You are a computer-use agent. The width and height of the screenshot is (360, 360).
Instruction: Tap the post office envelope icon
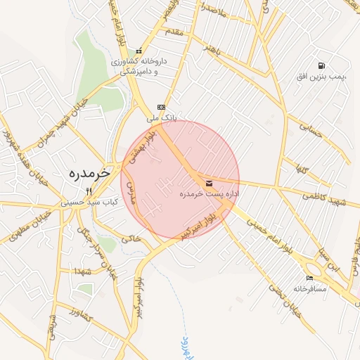tap(209, 184)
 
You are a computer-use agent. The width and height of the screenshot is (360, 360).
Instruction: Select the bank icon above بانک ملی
tap(162, 108)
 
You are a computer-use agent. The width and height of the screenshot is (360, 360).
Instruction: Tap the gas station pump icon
tap(321, 65)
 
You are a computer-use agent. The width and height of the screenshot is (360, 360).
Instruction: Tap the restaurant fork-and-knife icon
tap(89, 191)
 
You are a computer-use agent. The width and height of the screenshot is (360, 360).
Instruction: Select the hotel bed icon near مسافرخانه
tap(310, 278)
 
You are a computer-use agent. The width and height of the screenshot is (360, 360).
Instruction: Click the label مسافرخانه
tap(310, 288)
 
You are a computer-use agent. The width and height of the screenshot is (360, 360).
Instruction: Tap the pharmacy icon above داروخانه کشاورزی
tap(139, 51)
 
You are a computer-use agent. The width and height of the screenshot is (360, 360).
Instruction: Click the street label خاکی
tap(131, 239)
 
